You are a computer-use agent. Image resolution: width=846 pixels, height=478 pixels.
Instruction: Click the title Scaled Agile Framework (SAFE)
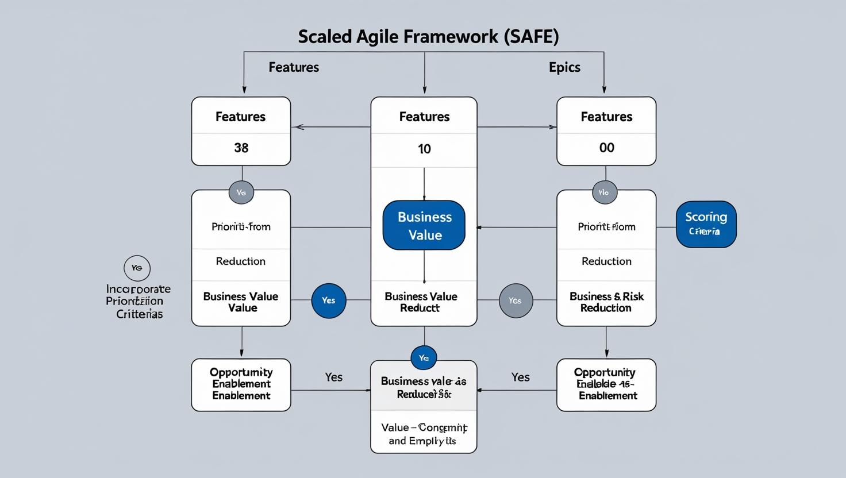tap(428, 37)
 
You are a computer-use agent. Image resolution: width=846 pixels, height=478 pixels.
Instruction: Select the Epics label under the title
tap(564, 67)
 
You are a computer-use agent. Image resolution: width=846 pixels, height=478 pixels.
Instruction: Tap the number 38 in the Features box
tap(241, 148)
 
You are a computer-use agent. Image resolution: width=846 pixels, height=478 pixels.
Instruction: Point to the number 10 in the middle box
tap(424, 149)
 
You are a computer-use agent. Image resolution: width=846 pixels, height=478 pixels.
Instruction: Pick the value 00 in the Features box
tap(606, 148)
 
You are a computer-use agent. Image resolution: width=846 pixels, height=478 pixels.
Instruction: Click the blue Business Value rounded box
tap(424, 225)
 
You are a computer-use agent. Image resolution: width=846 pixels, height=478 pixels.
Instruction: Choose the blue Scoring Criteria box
tap(706, 224)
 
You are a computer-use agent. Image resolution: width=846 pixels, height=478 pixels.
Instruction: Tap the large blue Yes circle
tap(329, 300)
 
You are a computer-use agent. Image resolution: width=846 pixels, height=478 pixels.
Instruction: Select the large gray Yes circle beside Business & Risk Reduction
tap(516, 300)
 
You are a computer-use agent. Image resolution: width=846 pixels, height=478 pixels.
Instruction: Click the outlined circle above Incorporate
tap(137, 268)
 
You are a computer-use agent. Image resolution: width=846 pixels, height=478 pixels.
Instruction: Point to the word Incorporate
tap(139, 289)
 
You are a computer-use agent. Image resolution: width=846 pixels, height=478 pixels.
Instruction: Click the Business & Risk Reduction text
tap(606, 302)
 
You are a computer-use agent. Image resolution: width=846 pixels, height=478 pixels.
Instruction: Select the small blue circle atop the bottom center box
tap(424, 358)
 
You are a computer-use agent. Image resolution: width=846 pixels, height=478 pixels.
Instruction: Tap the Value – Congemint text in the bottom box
tap(424, 428)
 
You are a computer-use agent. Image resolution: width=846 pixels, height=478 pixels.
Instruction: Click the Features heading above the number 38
tap(240, 117)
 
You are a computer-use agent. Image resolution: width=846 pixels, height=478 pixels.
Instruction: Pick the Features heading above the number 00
tap(606, 117)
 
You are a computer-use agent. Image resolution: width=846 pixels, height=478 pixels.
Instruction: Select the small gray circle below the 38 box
tap(241, 192)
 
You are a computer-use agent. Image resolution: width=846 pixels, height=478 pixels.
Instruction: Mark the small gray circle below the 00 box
tap(604, 192)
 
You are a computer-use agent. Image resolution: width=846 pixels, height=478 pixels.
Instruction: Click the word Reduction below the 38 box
tap(240, 261)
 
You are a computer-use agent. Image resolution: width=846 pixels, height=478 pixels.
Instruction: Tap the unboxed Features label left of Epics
tap(294, 67)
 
